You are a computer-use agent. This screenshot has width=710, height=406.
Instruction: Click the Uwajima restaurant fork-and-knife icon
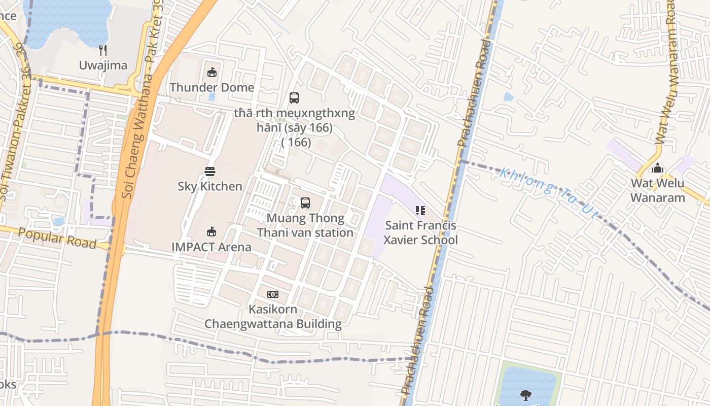[103, 50]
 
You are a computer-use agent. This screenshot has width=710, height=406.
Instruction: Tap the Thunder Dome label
[212, 87]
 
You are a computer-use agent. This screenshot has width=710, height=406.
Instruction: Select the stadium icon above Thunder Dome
[212, 73]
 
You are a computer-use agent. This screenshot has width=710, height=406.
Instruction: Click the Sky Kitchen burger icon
[210, 172]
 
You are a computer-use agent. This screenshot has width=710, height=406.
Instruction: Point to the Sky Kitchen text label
[210, 186]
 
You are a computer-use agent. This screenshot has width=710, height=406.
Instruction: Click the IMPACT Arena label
[211, 247]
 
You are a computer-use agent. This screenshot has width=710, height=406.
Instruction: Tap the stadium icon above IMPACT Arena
[211, 232]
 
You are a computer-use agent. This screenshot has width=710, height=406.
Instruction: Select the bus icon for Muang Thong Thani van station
[305, 203]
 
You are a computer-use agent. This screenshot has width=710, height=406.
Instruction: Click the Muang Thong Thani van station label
[305, 225]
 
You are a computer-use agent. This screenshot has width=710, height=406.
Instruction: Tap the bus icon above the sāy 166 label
[294, 98]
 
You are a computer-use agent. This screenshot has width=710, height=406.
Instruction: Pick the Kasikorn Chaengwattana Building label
[273, 316]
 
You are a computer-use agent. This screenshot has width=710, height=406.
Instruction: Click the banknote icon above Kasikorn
[273, 294]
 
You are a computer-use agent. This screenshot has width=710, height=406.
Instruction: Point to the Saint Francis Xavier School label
[420, 232]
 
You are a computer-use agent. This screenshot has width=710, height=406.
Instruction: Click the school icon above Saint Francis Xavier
[420, 210]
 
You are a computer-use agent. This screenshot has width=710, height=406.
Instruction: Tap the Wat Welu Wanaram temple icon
[658, 168]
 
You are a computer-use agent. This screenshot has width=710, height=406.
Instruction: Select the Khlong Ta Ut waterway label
[549, 193]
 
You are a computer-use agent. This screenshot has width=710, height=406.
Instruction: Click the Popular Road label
[57, 238]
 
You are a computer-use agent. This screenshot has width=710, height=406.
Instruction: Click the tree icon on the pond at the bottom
[526, 394]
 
